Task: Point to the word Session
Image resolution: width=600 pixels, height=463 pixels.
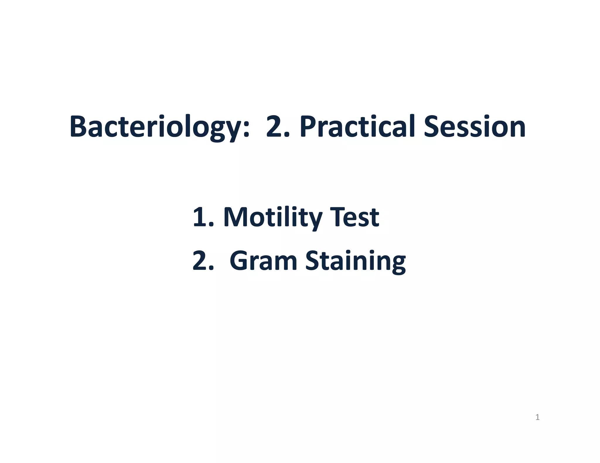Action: click(x=474, y=127)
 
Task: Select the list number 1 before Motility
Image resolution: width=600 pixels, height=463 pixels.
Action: click(x=200, y=217)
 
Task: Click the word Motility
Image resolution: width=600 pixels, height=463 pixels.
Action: click(x=272, y=217)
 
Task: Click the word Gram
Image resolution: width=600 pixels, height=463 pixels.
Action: click(x=263, y=260)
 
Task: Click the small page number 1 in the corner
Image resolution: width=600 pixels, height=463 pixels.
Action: click(x=537, y=417)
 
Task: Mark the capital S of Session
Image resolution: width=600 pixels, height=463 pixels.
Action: click(x=432, y=127)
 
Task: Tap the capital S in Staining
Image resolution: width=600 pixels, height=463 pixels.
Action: click(x=313, y=260)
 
